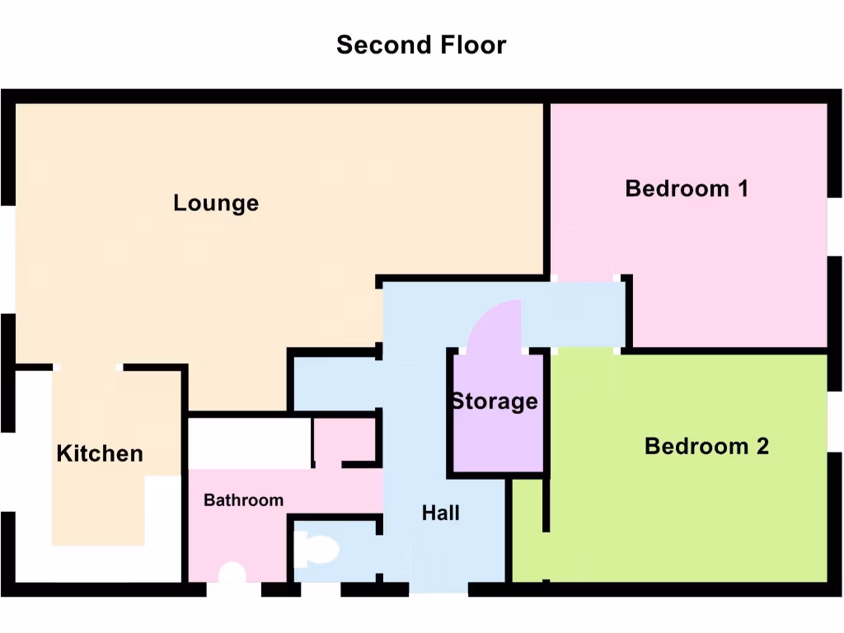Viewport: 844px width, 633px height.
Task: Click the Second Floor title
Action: tap(421, 45)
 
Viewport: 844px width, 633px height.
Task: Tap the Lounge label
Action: tap(216, 203)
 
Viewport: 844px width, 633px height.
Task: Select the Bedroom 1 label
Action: tap(687, 188)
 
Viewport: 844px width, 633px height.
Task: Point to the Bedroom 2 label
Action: tap(706, 446)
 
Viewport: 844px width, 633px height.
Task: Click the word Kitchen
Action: tap(100, 453)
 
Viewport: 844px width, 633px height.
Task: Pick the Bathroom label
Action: tap(243, 500)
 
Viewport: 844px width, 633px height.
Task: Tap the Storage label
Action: tap(494, 401)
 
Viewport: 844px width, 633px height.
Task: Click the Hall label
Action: tap(441, 513)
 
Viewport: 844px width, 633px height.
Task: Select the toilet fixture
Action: tap(316, 549)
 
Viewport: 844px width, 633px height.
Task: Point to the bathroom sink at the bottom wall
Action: tap(233, 572)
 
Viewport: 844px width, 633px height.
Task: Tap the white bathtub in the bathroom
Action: tap(249, 443)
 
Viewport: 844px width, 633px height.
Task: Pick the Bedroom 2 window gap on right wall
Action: tap(834, 422)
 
